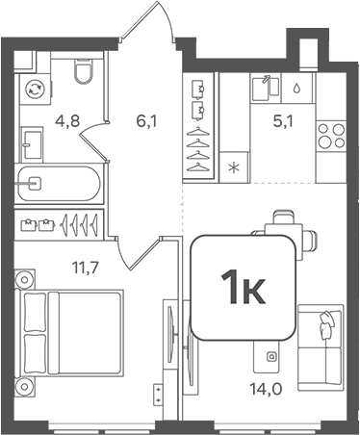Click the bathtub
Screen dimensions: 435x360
(x=59, y=180)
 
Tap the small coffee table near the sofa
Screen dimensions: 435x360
(x=271, y=359)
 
